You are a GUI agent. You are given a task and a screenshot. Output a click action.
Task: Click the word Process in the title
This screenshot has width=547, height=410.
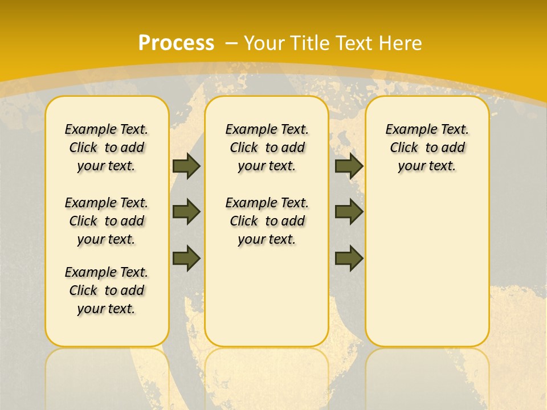click(x=176, y=43)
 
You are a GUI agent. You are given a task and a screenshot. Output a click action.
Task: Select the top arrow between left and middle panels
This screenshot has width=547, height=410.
click(x=186, y=166)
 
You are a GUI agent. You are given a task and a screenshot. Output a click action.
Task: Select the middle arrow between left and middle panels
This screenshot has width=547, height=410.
click(x=186, y=212)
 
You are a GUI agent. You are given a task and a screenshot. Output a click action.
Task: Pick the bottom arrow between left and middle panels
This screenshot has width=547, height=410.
click(x=186, y=258)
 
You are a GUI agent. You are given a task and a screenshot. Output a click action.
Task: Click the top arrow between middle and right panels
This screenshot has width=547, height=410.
click(x=349, y=166)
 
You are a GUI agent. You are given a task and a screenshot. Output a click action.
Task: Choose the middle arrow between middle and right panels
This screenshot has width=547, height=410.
click(x=349, y=212)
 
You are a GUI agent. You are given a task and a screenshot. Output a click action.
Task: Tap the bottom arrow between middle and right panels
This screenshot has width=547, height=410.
click(x=349, y=258)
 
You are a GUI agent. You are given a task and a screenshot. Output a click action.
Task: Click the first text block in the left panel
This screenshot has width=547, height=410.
click(x=107, y=147)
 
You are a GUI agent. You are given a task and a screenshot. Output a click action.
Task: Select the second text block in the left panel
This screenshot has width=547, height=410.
click(x=107, y=221)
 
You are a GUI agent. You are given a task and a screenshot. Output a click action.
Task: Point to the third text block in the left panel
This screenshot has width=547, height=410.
click(x=107, y=290)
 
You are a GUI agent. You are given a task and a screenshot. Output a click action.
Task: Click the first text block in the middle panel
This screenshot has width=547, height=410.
click(x=267, y=147)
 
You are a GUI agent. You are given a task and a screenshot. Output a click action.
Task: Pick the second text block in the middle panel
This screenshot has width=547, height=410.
click(x=267, y=221)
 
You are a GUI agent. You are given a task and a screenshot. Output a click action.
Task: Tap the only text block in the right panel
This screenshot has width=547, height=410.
click(x=427, y=147)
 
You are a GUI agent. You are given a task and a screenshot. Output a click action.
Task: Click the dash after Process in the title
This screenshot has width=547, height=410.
click(x=231, y=43)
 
